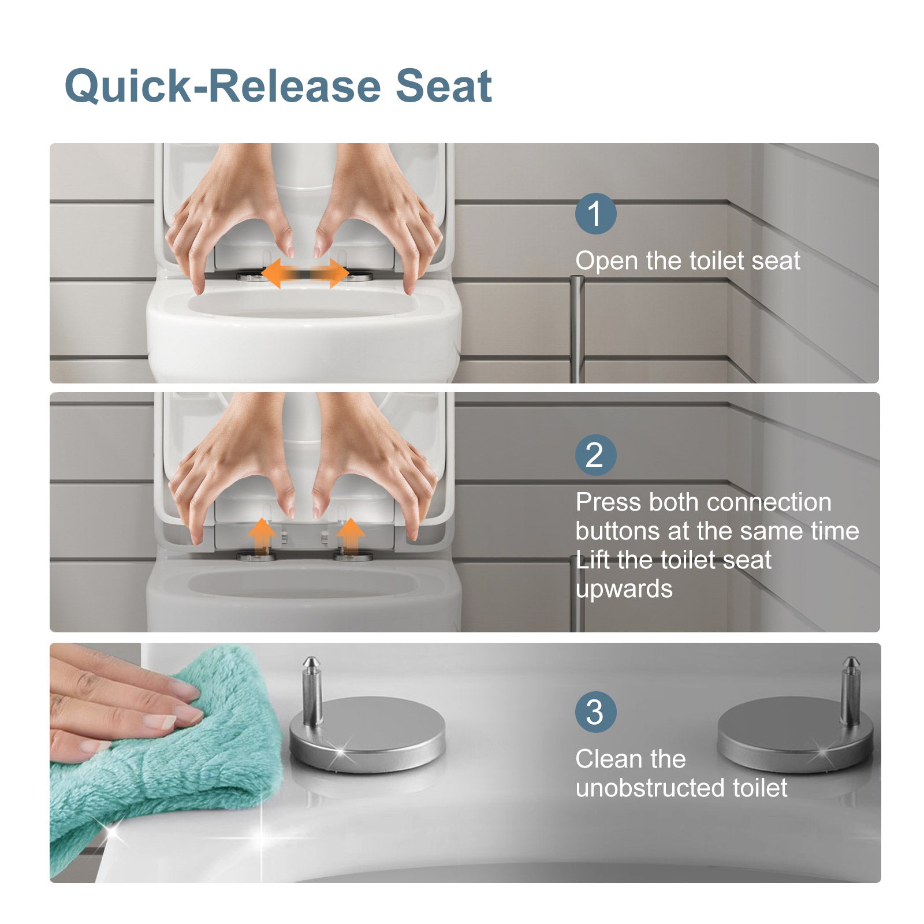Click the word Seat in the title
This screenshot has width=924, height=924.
pos(444,86)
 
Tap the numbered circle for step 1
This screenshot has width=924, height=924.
pos(595,214)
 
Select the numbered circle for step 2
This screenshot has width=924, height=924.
pos(595,455)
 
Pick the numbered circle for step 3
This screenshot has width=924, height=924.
pos(595,712)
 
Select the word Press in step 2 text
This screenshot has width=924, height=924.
pos(608,502)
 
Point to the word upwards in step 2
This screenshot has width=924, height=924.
pos(624,590)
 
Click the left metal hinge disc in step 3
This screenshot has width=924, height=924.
pos(367,733)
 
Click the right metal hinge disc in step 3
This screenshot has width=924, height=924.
pos(795,733)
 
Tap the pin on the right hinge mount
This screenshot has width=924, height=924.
pos(850,690)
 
